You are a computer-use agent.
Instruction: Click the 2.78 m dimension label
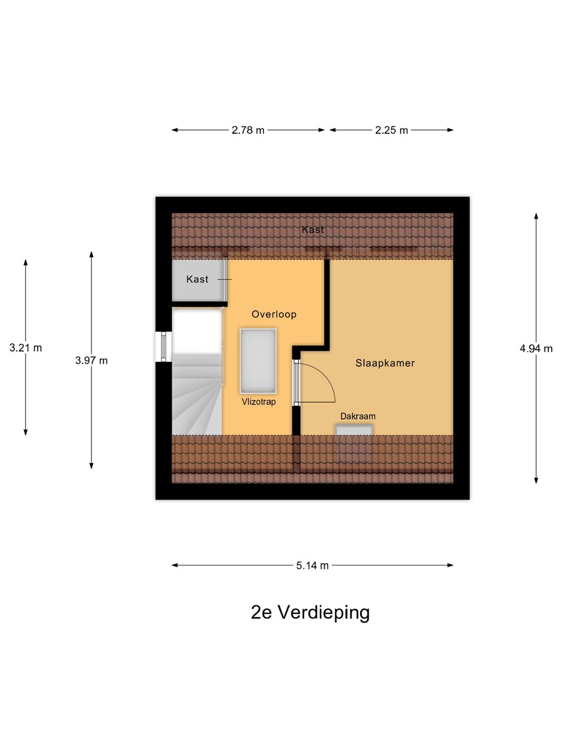point(248,130)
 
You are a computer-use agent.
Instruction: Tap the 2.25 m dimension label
point(391,130)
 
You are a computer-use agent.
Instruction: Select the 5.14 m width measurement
point(312,565)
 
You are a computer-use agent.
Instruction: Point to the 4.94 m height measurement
point(536,348)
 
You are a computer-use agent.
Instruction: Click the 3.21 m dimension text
point(25,348)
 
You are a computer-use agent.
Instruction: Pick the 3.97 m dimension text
point(92,360)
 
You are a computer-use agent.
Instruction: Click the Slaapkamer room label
point(385,363)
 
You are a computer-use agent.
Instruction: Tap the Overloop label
point(274,314)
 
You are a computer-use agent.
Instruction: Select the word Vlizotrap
point(259,402)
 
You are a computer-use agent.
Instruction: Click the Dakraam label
point(358,416)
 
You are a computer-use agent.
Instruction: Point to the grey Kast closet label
point(197,279)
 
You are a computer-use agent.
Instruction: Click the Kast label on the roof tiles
point(313,230)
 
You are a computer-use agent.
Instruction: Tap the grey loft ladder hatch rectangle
point(258,361)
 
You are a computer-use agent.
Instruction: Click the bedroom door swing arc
point(328,378)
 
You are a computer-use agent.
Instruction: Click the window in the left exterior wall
point(164,346)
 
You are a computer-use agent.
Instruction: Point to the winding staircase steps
point(197,394)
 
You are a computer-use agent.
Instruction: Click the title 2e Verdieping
point(310,613)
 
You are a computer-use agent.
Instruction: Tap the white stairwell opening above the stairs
point(197,332)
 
